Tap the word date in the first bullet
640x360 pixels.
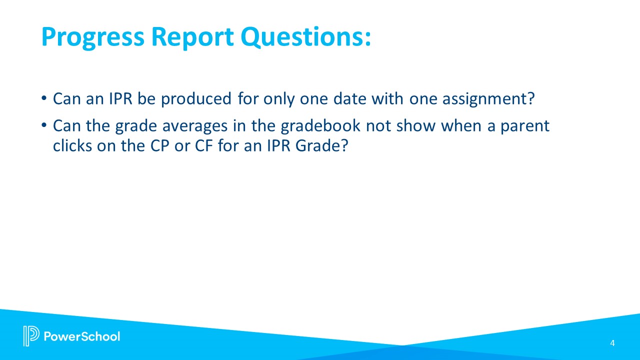[348, 99]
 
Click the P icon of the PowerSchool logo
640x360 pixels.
[31, 335]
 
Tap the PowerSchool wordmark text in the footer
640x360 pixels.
[82, 336]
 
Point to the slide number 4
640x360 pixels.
[612, 343]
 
